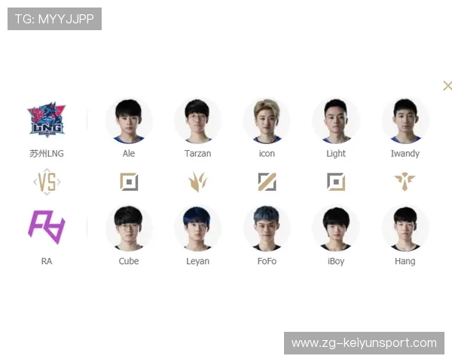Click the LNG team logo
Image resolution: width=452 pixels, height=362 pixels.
click(46, 121)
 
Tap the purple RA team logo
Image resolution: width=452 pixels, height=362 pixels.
click(46, 227)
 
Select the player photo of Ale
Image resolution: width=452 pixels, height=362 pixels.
click(129, 121)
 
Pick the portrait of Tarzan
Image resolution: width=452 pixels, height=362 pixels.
click(197, 121)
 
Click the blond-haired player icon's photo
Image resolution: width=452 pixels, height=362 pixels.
click(267, 121)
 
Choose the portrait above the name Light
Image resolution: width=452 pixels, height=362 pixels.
click(336, 121)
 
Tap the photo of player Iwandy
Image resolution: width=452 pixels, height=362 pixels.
click(405, 121)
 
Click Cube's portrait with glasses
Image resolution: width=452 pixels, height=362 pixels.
click(129, 228)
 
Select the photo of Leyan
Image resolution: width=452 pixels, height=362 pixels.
click(197, 228)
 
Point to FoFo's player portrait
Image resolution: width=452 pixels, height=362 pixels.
click(267, 228)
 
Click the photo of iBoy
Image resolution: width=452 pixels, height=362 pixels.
click(336, 228)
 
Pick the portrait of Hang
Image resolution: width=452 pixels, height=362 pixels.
click(405, 228)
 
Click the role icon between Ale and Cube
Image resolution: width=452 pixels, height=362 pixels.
click(129, 182)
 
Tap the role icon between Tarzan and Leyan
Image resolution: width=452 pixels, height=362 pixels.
click(197, 182)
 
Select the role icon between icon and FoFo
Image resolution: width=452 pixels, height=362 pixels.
click(267, 182)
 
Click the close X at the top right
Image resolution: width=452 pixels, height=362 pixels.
click(447, 85)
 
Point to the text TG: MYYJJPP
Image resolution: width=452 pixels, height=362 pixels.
click(54, 19)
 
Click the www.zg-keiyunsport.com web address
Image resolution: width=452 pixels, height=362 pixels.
click(364, 343)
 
